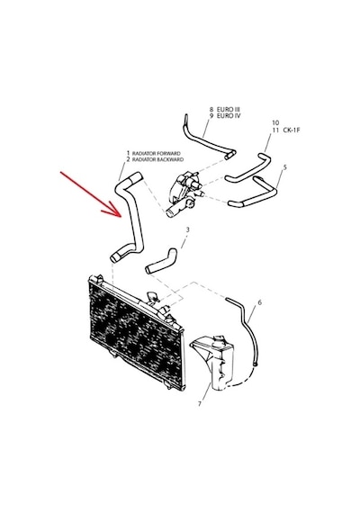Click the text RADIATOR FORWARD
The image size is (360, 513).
pos(156,153)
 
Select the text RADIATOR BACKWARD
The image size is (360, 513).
pos(157,159)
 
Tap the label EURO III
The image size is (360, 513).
pos(229,109)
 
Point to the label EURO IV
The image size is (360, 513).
pos(229,115)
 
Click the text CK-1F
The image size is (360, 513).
pos(292,130)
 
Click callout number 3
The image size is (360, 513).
pos(187,229)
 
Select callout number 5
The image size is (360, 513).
pos(284,167)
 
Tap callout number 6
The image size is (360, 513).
pos(259,302)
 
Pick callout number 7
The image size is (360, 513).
pos(200,404)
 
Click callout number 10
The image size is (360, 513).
pos(275,123)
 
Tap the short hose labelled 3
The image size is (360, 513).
pos(162,262)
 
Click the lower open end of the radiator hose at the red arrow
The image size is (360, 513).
pos(113,258)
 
